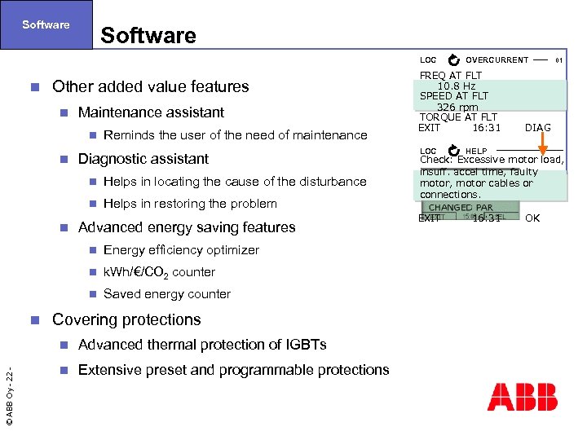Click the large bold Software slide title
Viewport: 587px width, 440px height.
pyautogui.click(x=148, y=36)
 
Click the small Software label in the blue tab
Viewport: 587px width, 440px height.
pyautogui.click(x=46, y=24)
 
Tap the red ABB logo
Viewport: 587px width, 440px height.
pyautogui.click(x=522, y=397)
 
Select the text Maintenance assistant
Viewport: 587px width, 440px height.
pyautogui.click(x=151, y=112)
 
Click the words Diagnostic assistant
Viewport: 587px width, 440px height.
pyautogui.click(x=143, y=159)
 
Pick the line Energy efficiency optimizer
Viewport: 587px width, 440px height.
pyautogui.click(x=181, y=250)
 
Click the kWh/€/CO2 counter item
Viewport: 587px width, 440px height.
pyautogui.click(x=159, y=272)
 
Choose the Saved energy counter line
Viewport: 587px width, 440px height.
pyautogui.click(x=167, y=294)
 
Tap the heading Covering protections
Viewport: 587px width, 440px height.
pyautogui.click(x=126, y=319)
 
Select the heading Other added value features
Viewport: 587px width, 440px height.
pyautogui.click(x=150, y=86)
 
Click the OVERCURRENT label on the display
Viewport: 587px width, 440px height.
pyautogui.click(x=497, y=60)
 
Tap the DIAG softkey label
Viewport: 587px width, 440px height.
pyautogui.click(x=537, y=127)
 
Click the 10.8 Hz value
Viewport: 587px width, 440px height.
pyautogui.click(x=457, y=86)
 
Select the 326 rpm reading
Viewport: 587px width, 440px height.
pyautogui.click(x=457, y=107)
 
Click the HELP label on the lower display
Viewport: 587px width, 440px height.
pyautogui.click(x=476, y=152)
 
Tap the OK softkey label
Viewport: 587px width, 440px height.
pyautogui.click(x=532, y=218)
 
